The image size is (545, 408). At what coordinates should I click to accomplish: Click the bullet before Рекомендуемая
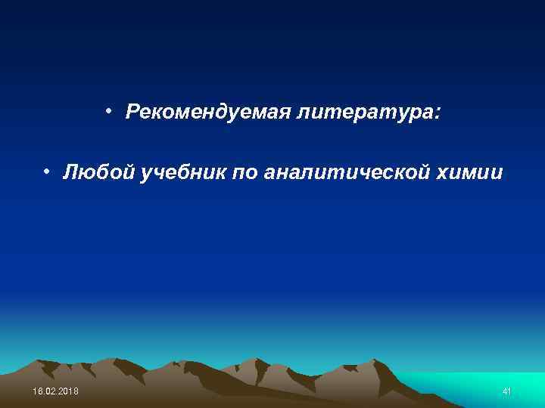pyautogui.click(x=110, y=112)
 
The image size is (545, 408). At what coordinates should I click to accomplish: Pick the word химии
pyautogui.click(x=469, y=173)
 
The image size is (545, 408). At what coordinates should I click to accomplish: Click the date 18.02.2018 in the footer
pyautogui.click(x=55, y=391)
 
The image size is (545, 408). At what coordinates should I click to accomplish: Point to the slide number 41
pyautogui.click(x=506, y=391)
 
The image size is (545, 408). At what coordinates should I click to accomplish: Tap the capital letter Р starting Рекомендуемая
pyautogui.click(x=133, y=113)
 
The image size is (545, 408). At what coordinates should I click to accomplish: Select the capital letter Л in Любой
pyautogui.click(x=70, y=173)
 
